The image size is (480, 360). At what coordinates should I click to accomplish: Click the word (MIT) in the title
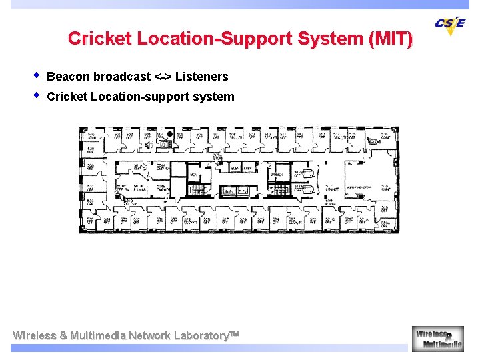(x=391, y=39)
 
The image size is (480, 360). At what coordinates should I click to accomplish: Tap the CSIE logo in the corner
(x=450, y=25)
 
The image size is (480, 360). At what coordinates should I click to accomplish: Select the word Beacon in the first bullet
(x=69, y=77)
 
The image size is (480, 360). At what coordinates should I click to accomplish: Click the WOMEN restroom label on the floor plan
(x=276, y=175)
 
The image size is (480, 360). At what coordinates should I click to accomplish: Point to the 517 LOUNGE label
(x=331, y=188)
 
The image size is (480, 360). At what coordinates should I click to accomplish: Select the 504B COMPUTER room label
(x=163, y=188)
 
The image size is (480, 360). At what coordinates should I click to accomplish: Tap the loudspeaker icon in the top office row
(x=147, y=143)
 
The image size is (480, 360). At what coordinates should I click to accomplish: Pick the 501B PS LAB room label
(x=139, y=188)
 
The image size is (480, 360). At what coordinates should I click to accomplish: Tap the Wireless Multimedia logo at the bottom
(x=437, y=339)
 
